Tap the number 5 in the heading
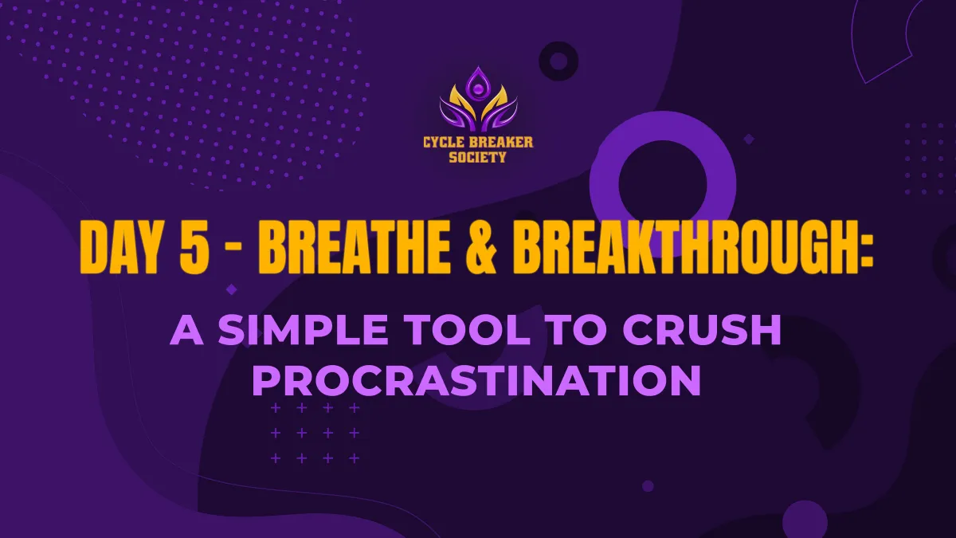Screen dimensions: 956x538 tap(194, 249)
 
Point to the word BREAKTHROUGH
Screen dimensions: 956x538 tap(684, 249)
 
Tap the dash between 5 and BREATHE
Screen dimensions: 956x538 tap(234, 253)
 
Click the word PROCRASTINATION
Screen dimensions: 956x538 tap(477, 380)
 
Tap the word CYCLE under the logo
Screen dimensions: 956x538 tap(441, 143)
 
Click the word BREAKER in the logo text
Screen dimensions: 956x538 tap(499, 143)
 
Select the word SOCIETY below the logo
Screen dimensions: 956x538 tap(477, 158)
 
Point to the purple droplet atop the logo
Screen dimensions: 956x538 tap(479, 82)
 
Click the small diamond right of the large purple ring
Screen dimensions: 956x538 tap(749, 139)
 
